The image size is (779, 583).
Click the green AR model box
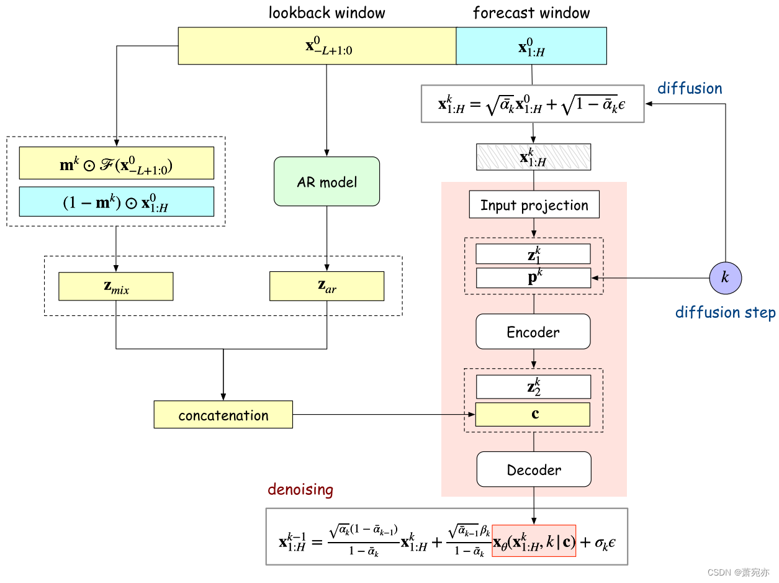pos(326,181)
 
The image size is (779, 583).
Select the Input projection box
pos(534,205)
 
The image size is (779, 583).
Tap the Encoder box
pos(533,332)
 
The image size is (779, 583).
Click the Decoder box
pos(534,469)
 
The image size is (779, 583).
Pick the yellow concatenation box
pos(223,415)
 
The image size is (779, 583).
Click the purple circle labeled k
pos(725,277)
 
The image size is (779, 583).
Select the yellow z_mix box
pos(115,286)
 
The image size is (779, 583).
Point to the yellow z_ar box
pos(326,286)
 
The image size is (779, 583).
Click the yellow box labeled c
pos(533,414)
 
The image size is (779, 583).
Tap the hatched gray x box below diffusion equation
pos(533,156)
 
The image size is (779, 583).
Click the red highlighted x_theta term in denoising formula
pos(534,541)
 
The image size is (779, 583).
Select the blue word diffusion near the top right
pos(690,88)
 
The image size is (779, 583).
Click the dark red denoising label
pos(300,489)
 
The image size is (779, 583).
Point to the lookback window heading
pos(326,12)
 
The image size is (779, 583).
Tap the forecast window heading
pos(531,12)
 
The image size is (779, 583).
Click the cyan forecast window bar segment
pos(531,46)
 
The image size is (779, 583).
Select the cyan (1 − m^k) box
pos(116,201)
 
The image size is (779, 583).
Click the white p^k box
pos(533,278)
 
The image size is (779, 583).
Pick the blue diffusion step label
pos(725,312)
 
